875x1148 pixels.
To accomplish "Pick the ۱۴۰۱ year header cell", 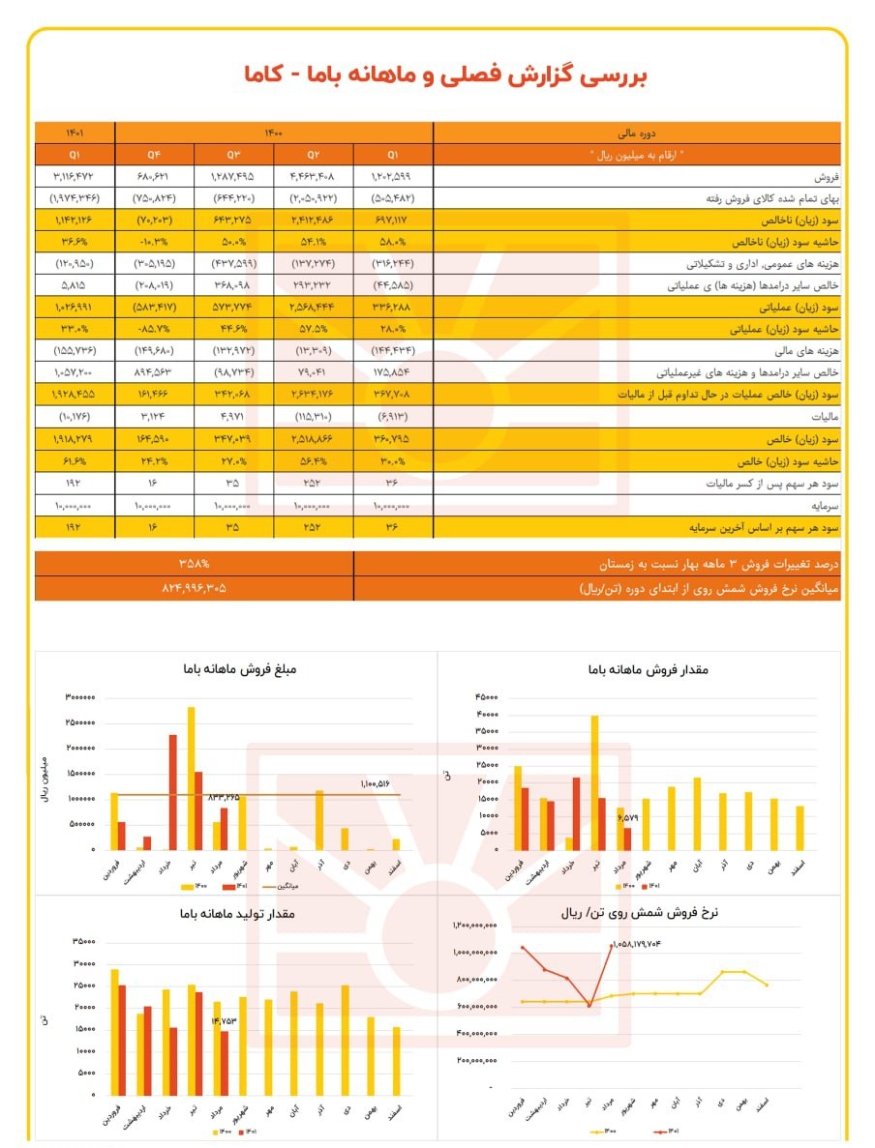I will [x=75, y=133].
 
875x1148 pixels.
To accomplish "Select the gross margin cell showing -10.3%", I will [x=153, y=241].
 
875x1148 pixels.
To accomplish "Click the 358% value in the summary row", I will [x=194, y=563].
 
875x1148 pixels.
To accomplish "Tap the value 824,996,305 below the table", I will [x=194, y=587].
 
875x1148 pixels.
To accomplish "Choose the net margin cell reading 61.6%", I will [x=75, y=461].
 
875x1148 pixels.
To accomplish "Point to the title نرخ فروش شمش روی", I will [x=643, y=912].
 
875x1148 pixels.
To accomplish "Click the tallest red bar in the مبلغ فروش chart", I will [x=172, y=791].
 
